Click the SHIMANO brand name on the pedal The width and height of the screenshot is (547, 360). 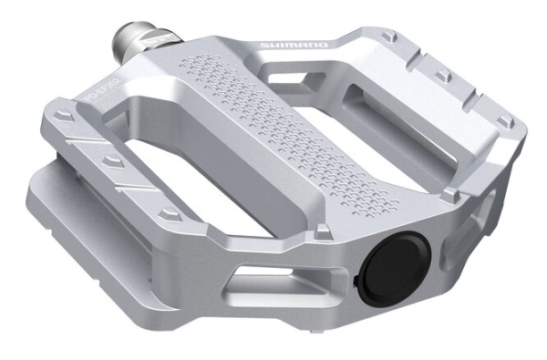[x=284, y=44]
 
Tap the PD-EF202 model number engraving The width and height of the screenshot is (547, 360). [x=97, y=91]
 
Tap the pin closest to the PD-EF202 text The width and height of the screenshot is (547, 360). [x=63, y=117]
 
